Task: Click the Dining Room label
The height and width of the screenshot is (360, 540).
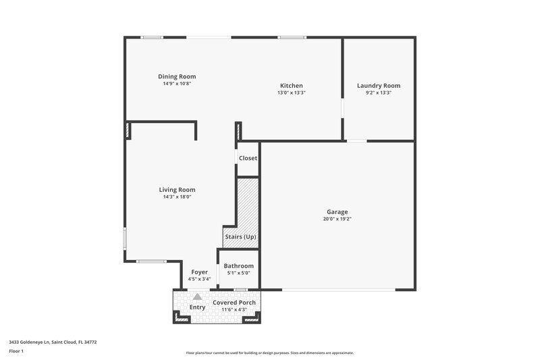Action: pyautogui.click(x=177, y=77)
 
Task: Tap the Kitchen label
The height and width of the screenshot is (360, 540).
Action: pyautogui.click(x=292, y=86)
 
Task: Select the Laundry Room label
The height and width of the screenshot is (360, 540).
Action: pyautogui.click(x=379, y=86)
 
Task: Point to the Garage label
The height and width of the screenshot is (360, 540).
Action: pyautogui.click(x=337, y=211)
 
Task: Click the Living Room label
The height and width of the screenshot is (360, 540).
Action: pyautogui.click(x=177, y=190)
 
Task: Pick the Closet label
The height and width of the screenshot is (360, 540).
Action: pyautogui.click(x=248, y=158)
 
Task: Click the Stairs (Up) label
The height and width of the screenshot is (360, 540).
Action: pyautogui.click(x=240, y=236)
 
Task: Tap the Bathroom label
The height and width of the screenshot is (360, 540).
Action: pyautogui.click(x=239, y=266)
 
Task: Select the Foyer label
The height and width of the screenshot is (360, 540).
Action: pyautogui.click(x=199, y=272)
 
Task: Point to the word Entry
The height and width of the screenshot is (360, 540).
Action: pyautogui.click(x=197, y=307)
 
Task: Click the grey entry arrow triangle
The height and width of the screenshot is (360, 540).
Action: pyautogui.click(x=197, y=296)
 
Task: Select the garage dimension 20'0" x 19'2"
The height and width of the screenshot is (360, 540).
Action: pyautogui.click(x=337, y=219)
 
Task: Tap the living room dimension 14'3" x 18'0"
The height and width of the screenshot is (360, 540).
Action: pyautogui.click(x=177, y=197)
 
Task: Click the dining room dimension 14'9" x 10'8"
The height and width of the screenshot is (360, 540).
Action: pyautogui.click(x=177, y=84)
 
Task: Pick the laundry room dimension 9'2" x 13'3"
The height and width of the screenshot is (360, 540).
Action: pyautogui.click(x=379, y=93)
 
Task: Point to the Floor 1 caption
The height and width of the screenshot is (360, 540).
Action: pyautogui.click(x=16, y=351)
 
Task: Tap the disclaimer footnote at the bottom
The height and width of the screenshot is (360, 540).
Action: pyautogui.click(x=269, y=353)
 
